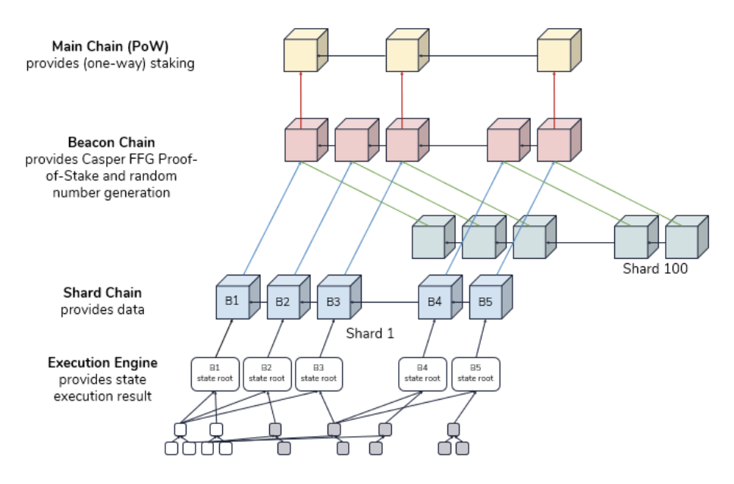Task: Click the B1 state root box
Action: coord(215,374)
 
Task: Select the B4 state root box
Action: coord(422,374)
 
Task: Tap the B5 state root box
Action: coord(475,374)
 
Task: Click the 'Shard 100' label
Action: coord(655,268)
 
